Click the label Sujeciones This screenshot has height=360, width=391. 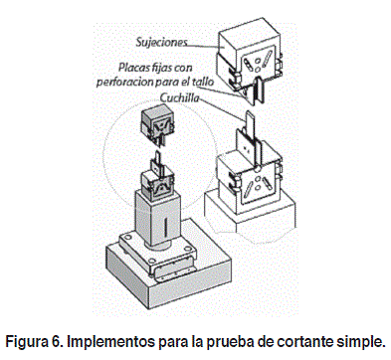click(162, 42)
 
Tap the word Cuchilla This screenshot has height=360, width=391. click(180, 97)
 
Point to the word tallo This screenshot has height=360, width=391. click(203, 82)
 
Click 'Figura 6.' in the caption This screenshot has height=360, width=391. click(34, 341)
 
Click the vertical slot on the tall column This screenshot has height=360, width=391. click(165, 226)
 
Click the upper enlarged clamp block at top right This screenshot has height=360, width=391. click(250, 55)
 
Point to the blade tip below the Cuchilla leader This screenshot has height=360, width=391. click(250, 115)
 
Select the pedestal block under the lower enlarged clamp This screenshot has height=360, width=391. click(250, 212)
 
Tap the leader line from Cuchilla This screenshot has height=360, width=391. click(222, 109)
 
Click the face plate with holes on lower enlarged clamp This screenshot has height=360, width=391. click(258, 185)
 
